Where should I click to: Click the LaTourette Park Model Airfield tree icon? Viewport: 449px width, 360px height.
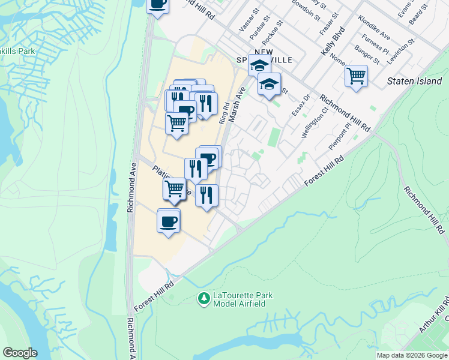205,298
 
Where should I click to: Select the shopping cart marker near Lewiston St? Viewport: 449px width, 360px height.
356,76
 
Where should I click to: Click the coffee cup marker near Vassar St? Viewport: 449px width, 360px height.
157,5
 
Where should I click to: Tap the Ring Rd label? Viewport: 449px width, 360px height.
224,112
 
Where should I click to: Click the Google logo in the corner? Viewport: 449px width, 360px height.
20,353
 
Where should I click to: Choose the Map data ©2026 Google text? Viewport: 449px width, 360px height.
412,355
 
